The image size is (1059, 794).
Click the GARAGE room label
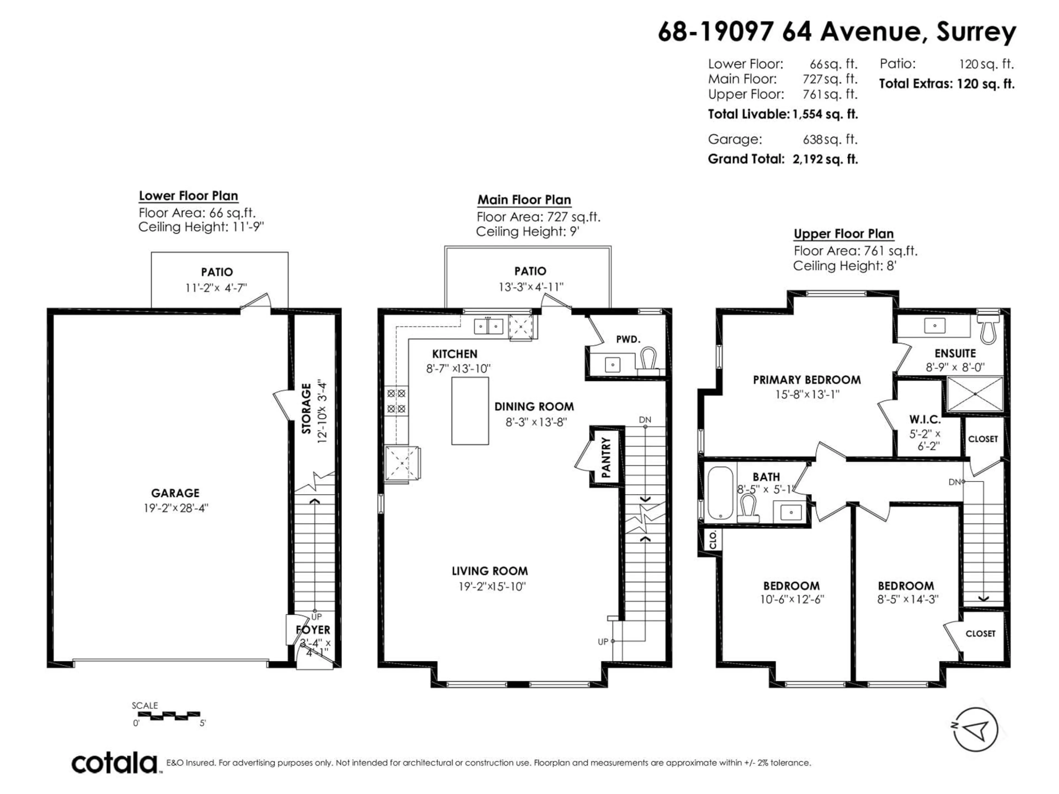pos(175,493)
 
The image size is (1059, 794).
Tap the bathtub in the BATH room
pos(720,493)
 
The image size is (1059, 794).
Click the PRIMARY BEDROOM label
pos(807,380)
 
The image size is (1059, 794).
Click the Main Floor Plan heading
pos(524,200)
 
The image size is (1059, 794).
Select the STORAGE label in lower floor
pos(306,408)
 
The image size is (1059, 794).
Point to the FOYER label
pos(313,630)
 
